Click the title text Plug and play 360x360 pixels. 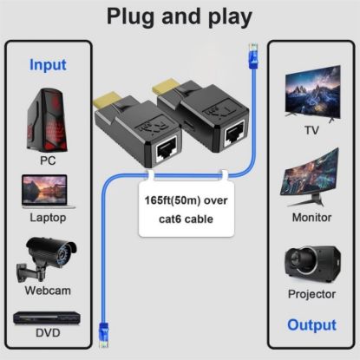pyautogui.click(x=180, y=16)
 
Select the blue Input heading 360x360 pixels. pyautogui.click(x=48, y=64)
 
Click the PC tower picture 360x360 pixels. pyautogui.click(x=49, y=117)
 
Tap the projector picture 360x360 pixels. pyautogui.click(x=311, y=262)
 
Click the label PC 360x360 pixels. pyautogui.click(x=48, y=161)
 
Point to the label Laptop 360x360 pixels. pyautogui.click(x=48, y=220)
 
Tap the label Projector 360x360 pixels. pyautogui.click(x=311, y=294)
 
